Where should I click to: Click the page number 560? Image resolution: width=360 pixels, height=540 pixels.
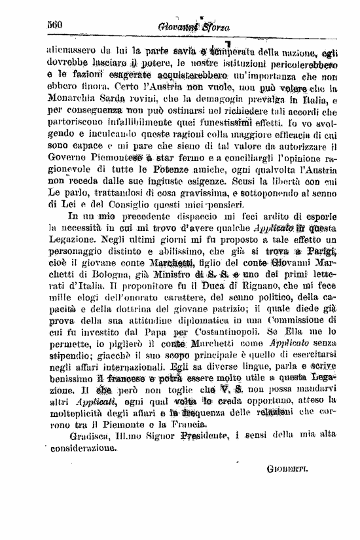(x=54, y=24)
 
